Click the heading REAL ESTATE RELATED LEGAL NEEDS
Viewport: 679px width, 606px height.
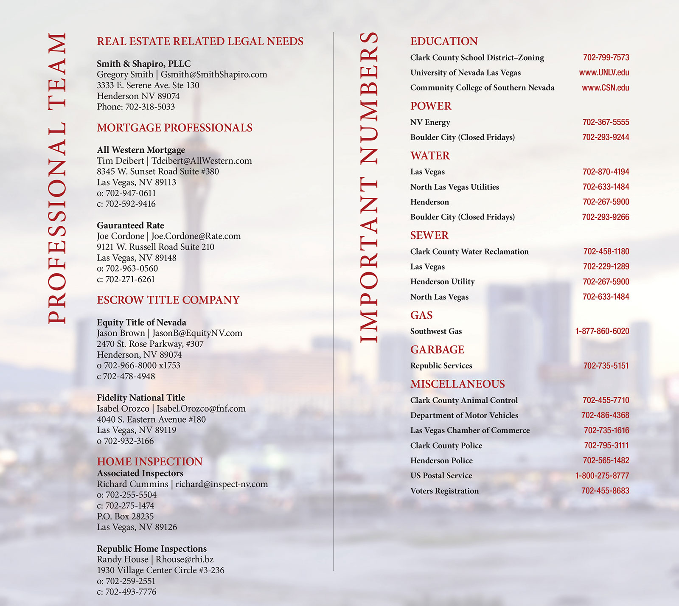(x=200, y=41)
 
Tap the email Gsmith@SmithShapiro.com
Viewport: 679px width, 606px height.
(x=214, y=75)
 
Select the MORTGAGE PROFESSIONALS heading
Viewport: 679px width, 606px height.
(x=174, y=128)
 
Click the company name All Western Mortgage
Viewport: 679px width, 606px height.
(x=141, y=150)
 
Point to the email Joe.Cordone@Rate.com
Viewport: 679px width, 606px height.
(x=196, y=236)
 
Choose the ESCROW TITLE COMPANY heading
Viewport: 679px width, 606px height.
(x=168, y=300)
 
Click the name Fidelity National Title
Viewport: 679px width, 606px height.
(x=141, y=398)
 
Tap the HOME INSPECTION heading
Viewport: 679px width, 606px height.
(x=149, y=461)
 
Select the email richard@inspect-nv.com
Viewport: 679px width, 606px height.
(x=222, y=484)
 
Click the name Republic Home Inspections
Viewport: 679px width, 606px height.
(x=152, y=549)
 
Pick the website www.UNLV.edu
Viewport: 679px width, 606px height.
(x=604, y=73)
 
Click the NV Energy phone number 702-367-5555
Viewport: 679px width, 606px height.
(x=606, y=122)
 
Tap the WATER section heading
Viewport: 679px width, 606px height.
(x=430, y=156)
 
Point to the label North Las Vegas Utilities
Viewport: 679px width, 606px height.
(x=455, y=187)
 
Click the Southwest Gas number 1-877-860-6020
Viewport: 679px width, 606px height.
(x=602, y=331)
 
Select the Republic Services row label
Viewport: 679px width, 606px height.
(x=441, y=366)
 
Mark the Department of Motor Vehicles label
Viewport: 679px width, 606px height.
(x=464, y=415)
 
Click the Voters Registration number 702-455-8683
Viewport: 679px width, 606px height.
(x=605, y=491)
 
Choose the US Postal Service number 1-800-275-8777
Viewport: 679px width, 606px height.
(x=602, y=476)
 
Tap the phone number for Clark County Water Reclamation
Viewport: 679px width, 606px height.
(x=606, y=252)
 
